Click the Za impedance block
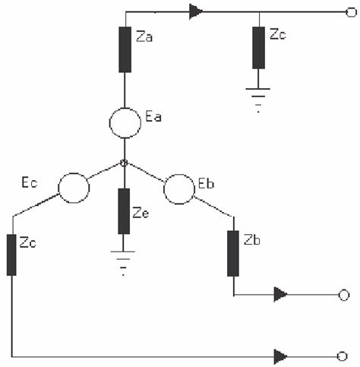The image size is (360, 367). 125,49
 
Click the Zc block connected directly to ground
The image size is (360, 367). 259,47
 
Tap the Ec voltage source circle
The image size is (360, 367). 74,188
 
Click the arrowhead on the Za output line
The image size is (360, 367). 197,11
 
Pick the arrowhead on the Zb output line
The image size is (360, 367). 282,294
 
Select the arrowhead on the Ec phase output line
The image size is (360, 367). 282,355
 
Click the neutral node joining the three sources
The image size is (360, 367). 125,162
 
